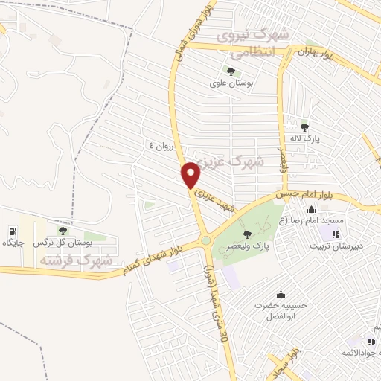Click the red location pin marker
(191, 175)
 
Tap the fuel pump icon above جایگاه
(13, 230)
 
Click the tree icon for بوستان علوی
(230, 72)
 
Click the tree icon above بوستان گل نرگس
(63, 231)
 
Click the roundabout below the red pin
(204, 240)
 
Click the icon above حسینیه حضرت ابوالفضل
(280, 293)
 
